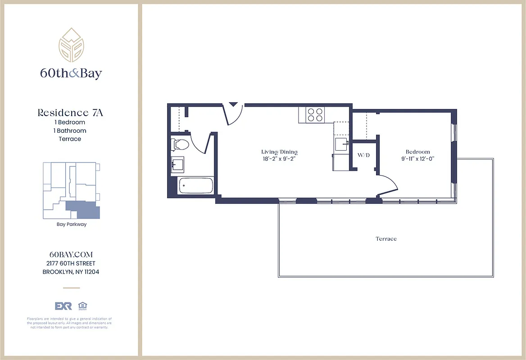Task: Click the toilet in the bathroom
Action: coord(181,145)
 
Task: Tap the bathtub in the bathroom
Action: coord(195,186)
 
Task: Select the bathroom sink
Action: coord(177,165)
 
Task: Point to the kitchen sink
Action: coord(341,145)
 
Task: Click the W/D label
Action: coord(363,155)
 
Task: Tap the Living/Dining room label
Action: coord(279,152)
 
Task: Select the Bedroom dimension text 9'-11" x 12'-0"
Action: coord(417,159)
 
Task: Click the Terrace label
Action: coord(386,239)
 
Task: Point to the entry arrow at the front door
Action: coord(233,104)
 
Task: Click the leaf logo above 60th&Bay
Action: coord(71,45)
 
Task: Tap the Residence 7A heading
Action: coord(70,112)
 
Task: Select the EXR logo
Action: coord(63,306)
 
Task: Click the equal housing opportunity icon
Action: coord(82,306)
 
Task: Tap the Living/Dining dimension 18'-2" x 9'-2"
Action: coord(279,159)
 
